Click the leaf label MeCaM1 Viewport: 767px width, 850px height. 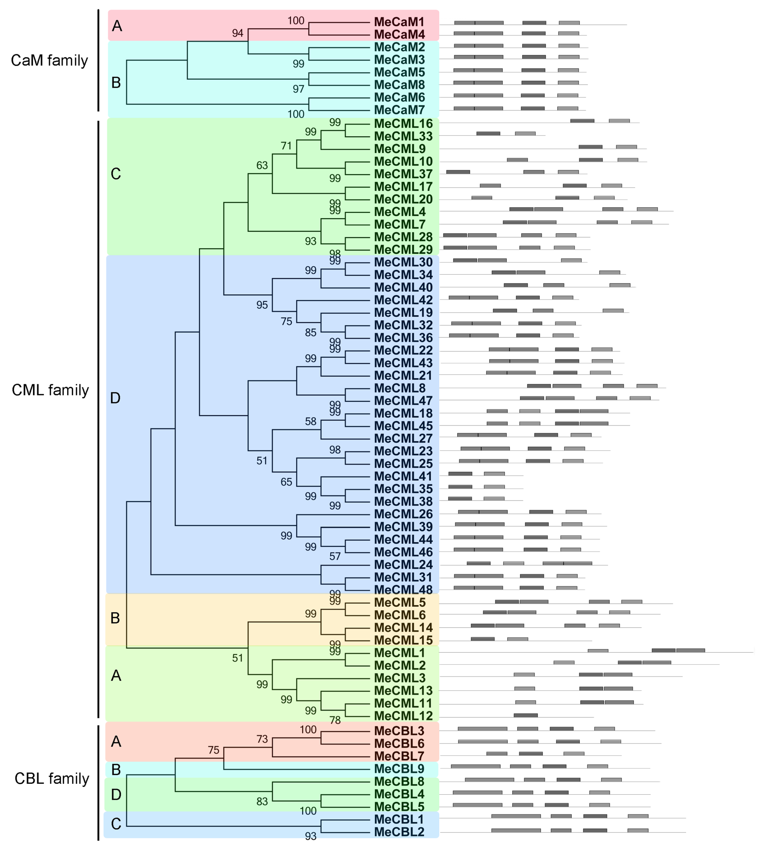pos(399,22)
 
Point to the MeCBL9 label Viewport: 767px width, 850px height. pos(399,769)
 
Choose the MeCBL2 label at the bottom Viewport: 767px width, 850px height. pos(399,832)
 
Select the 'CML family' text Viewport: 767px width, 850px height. pos(50,390)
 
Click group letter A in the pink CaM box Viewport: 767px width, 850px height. pos(117,26)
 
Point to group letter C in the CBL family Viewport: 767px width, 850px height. pos(116,824)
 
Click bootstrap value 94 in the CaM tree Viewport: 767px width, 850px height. pos(238,33)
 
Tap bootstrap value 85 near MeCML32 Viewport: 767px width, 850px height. pos(311,332)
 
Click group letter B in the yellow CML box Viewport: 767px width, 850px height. pos(115,618)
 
